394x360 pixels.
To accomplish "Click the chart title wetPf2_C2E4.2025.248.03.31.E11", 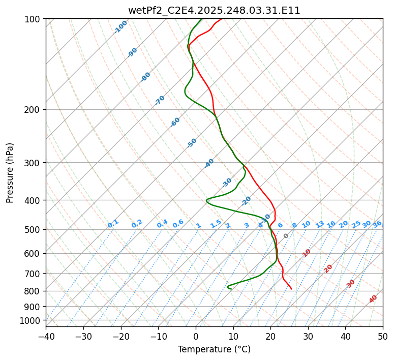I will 214,10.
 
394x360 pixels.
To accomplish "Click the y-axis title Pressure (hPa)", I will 10,173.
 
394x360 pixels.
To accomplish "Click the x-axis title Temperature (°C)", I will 214,349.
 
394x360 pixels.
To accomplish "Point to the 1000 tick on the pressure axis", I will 32,320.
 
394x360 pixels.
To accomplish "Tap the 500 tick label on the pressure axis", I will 34,230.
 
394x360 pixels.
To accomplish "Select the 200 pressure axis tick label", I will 34,110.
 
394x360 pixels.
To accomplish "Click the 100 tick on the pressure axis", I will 34,19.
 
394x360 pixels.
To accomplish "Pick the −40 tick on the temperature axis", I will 46,337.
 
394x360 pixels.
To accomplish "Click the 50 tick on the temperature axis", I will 383,337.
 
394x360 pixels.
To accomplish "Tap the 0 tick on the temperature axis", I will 196,337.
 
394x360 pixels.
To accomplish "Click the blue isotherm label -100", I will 120,27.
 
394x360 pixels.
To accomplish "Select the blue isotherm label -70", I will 160,100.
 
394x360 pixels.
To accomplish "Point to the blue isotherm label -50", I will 192,143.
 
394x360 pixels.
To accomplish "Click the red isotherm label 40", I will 373,299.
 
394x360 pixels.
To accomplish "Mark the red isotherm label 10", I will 307,253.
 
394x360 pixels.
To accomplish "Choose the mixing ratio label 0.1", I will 113,224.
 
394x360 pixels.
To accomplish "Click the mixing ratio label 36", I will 377,224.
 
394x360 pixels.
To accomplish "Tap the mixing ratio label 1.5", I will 216,224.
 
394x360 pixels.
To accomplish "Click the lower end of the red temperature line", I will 291,289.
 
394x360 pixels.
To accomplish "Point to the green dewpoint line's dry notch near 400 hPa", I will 206,201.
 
